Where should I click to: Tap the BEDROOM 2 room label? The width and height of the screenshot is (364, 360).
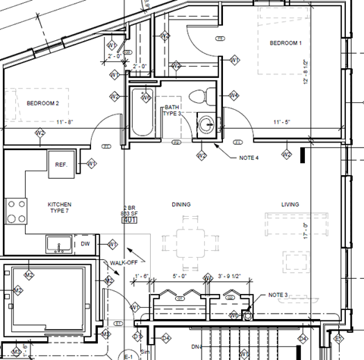click(x=42, y=102)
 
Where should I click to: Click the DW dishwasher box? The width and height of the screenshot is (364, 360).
click(x=86, y=244)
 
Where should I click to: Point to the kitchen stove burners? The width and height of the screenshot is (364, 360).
click(x=14, y=210)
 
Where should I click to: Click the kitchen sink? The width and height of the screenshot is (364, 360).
click(x=57, y=245)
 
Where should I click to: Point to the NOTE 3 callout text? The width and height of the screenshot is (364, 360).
click(x=278, y=295)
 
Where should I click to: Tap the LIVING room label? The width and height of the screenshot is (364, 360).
click(x=290, y=205)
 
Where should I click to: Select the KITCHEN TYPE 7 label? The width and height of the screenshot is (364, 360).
click(x=60, y=208)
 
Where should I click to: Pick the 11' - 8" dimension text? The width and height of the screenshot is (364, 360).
click(x=64, y=122)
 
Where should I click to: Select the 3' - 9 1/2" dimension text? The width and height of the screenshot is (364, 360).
click(x=232, y=277)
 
